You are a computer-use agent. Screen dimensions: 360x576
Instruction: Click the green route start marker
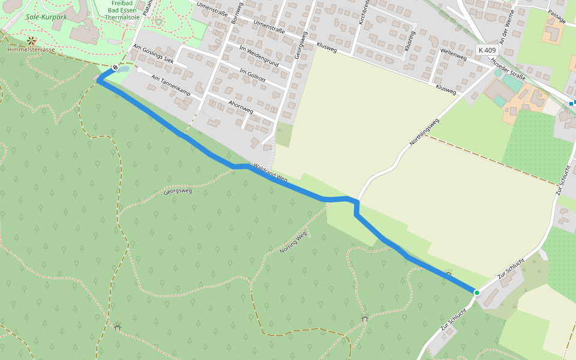coord(477,292)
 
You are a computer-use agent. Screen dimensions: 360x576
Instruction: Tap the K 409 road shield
coord(487,50)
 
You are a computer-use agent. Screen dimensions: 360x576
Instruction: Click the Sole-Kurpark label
coord(46,17)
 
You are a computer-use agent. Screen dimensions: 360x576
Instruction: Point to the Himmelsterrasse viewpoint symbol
coord(31,41)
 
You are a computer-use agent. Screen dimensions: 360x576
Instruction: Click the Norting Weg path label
coord(293,242)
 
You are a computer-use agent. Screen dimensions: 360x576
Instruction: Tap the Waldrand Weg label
coord(271,172)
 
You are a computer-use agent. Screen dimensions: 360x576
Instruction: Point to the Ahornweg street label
coord(241,107)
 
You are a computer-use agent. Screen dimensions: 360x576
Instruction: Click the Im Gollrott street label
coord(252,76)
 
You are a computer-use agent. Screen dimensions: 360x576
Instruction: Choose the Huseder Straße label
coord(508,70)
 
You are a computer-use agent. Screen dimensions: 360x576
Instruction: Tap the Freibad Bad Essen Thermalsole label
coord(122,10)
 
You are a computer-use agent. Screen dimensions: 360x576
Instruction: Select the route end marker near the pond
coord(114,67)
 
